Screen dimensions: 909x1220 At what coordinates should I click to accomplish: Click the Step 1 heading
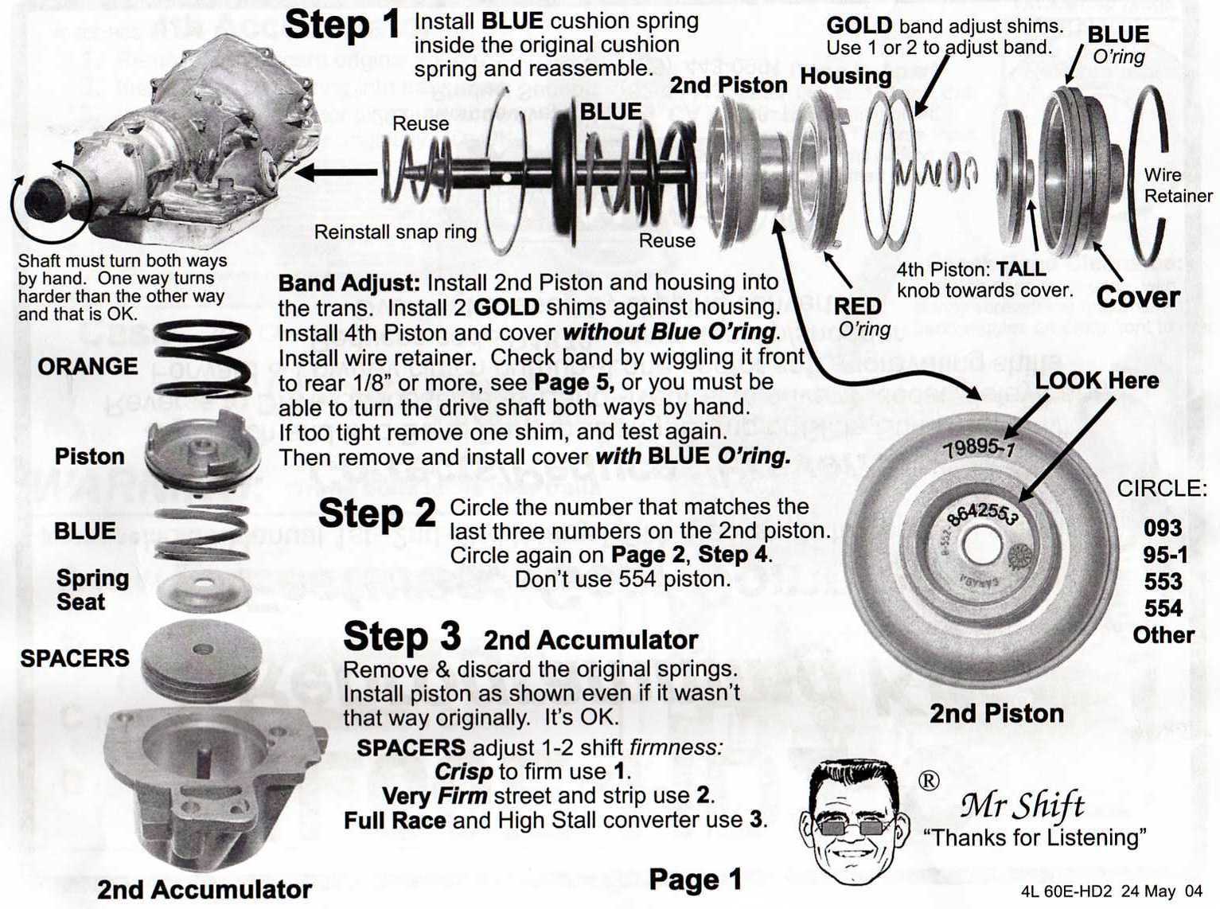342,25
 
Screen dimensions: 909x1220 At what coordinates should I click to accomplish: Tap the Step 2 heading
376,513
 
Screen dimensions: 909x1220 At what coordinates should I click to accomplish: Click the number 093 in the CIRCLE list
1162,528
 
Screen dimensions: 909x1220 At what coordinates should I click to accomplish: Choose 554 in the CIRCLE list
1163,609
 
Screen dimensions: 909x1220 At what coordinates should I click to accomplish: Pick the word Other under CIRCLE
1163,635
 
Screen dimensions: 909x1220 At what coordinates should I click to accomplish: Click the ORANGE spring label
88,366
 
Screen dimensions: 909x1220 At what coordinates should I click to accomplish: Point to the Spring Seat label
92,590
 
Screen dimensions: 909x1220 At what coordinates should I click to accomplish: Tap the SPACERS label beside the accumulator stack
75,658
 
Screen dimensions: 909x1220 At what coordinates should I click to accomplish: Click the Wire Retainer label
1177,185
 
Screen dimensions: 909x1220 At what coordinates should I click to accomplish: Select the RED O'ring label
858,317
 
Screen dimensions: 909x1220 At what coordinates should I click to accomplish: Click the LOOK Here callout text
1096,380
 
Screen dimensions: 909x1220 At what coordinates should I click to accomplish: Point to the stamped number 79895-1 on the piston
978,448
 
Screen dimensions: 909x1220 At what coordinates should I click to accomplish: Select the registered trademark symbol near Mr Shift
928,781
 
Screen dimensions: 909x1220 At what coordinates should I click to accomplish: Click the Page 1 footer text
695,880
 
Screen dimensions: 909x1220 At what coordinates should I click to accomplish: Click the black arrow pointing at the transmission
334,171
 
